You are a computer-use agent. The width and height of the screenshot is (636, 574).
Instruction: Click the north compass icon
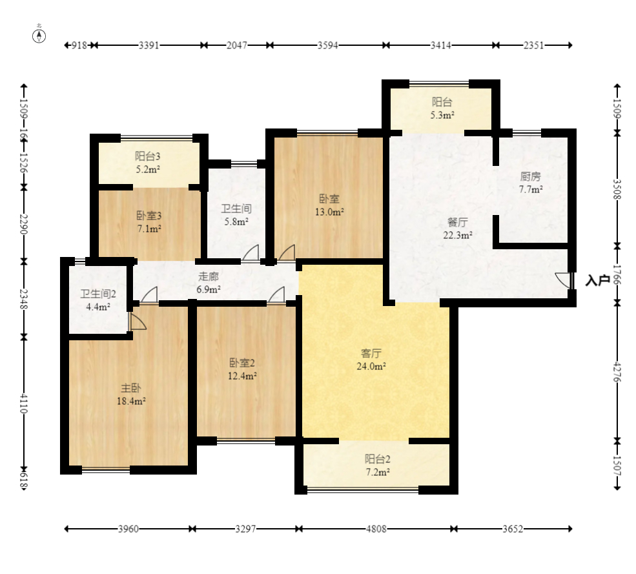coord(39,34)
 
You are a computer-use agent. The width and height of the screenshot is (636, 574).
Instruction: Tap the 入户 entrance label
coord(598,280)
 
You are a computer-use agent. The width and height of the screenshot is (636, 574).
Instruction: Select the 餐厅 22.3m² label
coord(458,229)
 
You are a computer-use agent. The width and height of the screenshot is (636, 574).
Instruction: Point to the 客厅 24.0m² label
coord(371,360)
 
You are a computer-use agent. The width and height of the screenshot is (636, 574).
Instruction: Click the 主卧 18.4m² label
coord(131,395)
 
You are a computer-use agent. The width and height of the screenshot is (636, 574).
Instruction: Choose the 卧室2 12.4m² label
coord(242,369)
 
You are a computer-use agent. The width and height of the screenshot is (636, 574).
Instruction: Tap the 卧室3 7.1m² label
coord(149,222)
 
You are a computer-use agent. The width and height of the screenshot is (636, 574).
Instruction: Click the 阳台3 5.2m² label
coord(148,162)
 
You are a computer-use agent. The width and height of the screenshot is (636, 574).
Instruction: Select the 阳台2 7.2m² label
coord(377,466)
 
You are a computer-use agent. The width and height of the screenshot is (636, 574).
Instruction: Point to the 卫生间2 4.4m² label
coord(98,300)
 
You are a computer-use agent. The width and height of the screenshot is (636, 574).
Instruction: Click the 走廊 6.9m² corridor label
coord(209,283)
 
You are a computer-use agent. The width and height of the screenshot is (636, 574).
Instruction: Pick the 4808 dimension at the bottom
coord(376,529)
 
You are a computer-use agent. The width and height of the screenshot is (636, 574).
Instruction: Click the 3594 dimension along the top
coord(328,45)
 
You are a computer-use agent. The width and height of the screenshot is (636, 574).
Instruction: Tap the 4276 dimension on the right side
coord(617,372)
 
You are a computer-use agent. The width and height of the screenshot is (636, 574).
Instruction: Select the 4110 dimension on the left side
coord(23,403)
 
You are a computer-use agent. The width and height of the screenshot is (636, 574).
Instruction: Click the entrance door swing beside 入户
coord(563,280)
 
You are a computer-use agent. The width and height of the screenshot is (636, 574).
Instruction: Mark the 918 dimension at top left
coord(79,45)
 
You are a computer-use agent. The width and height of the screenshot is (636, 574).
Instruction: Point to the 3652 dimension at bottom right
coord(513,529)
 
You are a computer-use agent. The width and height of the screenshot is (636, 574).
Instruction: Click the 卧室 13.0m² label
coord(329,205)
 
